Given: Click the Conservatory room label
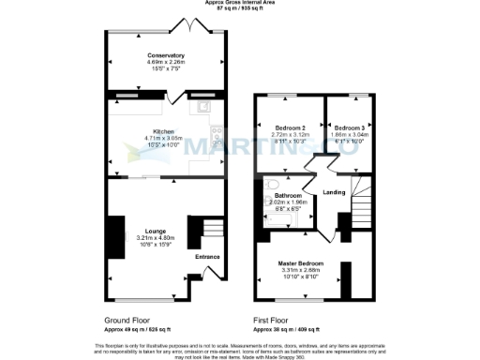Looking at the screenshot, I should (166, 55).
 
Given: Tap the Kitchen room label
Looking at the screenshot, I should (165, 131).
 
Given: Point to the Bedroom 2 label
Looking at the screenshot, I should (291, 127).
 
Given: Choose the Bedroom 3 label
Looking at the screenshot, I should (349, 127).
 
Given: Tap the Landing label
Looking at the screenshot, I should (334, 192).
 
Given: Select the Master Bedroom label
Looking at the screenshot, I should (300, 263).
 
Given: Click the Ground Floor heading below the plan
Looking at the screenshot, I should (127, 320).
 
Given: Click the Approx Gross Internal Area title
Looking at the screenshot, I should (240, 4).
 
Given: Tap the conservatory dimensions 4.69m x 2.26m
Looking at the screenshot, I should (166, 62).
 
